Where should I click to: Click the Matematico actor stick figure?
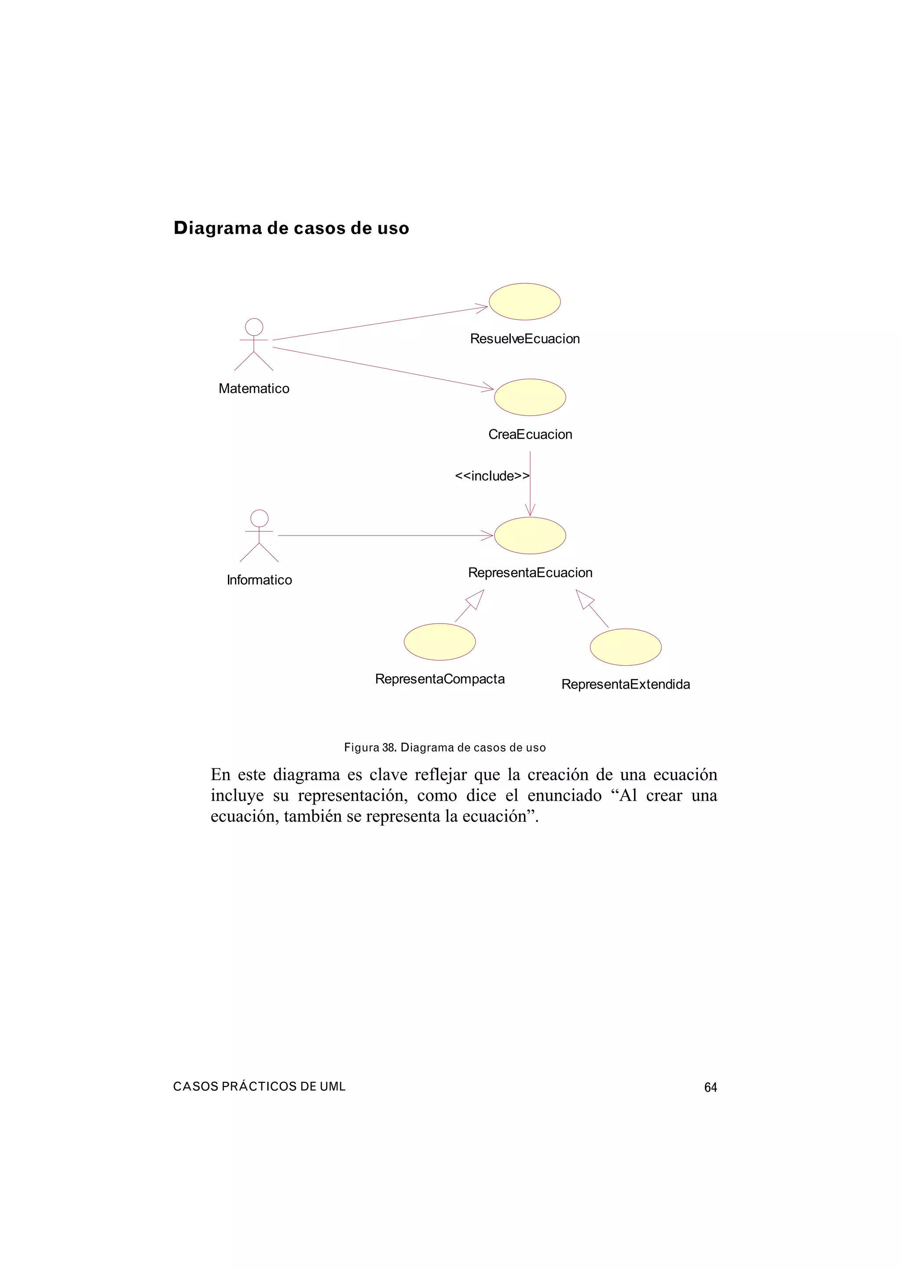pyautogui.click(x=253, y=345)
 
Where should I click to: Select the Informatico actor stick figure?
pyautogui.click(x=259, y=536)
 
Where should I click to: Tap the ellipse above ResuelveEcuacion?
pyautogui.click(x=524, y=302)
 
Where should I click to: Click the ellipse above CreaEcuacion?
pyautogui.click(x=530, y=397)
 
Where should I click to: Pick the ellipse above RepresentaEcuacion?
pyautogui.click(x=530, y=535)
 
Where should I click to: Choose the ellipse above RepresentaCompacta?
pyautogui.click(x=440, y=642)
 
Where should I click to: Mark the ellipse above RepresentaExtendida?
pyautogui.click(x=625, y=647)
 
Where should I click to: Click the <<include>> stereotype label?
pyautogui.click(x=491, y=476)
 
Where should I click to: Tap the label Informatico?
pyautogui.click(x=259, y=580)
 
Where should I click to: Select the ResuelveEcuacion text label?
pyautogui.click(x=525, y=339)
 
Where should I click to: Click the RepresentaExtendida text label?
pyautogui.click(x=625, y=684)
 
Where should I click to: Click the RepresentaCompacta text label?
pyautogui.click(x=440, y=679)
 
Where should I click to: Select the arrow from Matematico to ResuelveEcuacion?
pyautogui.click(x=380, y=323)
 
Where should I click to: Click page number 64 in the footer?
pyautogui.click(x=710, y=1088)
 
